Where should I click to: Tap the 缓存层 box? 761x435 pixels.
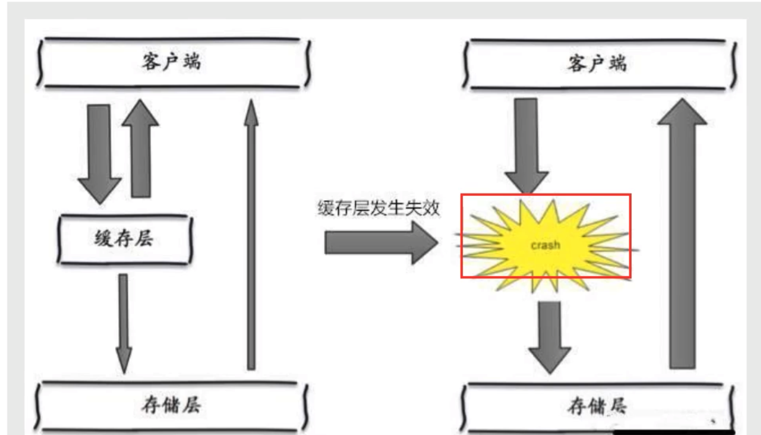[125, 239]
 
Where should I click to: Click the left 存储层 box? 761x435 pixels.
[171, 405]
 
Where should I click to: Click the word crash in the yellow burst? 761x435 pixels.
[545, 245]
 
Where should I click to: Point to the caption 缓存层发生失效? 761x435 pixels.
[378, 208]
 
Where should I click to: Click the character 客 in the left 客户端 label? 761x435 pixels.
[151, 62]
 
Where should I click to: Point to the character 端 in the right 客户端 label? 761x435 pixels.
[618, 64]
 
